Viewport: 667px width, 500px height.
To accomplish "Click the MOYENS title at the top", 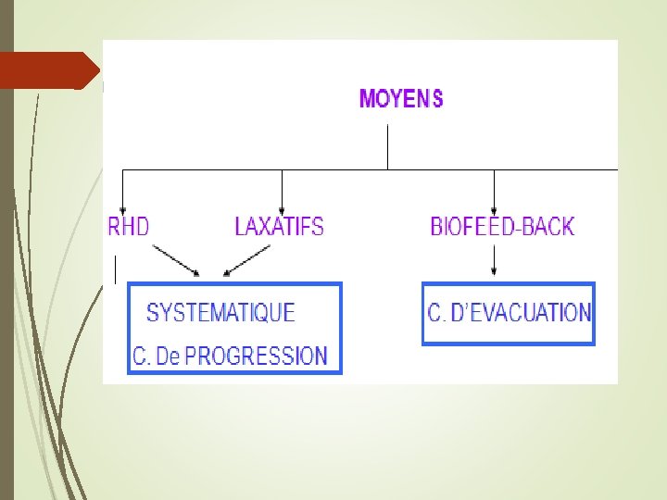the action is [400, 98].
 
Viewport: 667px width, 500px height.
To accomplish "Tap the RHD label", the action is [129, 226].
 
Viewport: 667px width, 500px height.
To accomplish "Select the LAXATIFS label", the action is [279, 226].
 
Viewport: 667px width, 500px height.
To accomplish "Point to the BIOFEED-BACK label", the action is [502, 226].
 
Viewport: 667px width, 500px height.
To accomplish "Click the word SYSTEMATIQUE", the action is [220, 313].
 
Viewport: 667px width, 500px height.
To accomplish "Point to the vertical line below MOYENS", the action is [387, 146].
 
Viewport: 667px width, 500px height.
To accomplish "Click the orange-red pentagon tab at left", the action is [46, 70].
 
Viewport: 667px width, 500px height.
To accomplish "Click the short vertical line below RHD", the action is [115, 270].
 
